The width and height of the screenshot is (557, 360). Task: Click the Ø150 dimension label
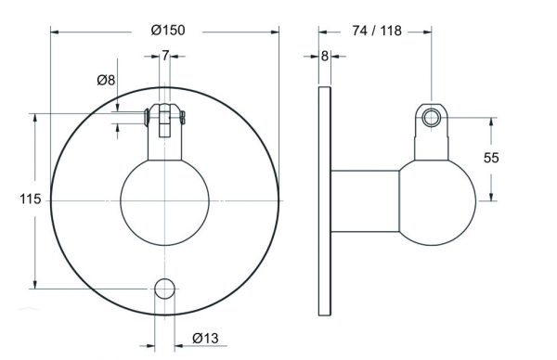point(168,31)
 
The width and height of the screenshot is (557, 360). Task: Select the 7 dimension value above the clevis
point(165,56)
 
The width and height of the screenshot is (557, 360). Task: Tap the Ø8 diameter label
point(106,80)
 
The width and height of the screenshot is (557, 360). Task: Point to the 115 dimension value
point(31,199)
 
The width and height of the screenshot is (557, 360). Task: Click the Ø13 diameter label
point(205,338)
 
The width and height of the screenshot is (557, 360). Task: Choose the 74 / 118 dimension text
point(377,31)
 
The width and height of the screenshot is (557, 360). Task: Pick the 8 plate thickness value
point(325,56)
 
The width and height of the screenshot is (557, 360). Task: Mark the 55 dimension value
point(491,158)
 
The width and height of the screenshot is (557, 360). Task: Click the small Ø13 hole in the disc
point(165,289)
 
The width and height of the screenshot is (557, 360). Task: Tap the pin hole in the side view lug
point(432,118)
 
